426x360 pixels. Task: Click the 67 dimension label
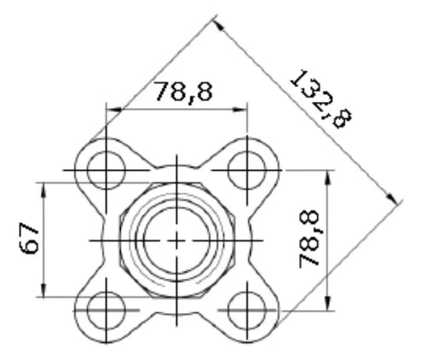29,237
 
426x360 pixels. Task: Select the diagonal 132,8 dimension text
321,99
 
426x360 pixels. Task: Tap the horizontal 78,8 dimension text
183,92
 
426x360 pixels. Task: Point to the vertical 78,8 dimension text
309,238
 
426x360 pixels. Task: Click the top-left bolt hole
106,170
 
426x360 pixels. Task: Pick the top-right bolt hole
247,170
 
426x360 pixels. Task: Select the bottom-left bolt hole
106,311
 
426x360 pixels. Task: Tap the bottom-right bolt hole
247,311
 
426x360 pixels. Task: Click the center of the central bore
176,241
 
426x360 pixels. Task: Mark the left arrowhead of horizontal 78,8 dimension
113,110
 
